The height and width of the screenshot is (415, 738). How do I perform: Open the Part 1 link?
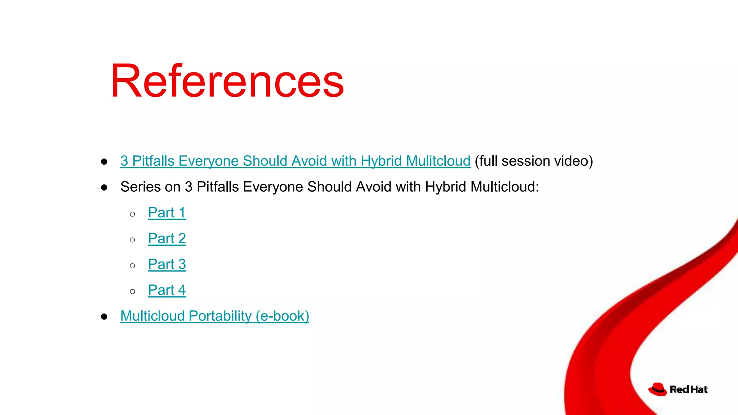tap(167, 213)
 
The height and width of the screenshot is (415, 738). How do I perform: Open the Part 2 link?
tap(167, 238)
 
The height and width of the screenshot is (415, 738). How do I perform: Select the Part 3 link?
tap(167, 264)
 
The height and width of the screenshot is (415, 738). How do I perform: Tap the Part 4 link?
tap(167, 290)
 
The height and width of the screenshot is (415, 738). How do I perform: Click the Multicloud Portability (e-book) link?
tap(215, 316)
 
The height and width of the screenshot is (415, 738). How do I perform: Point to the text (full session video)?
tap(534, 161)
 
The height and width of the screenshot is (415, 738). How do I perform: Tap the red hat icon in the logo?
tap(658, 389)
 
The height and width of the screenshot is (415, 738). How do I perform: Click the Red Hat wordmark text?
tap(689, 389)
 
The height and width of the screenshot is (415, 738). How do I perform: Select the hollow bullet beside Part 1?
tap(133, 214)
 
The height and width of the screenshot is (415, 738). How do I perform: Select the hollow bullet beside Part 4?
tap(133, 292)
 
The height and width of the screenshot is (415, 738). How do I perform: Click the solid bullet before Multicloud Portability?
tap(105, 317)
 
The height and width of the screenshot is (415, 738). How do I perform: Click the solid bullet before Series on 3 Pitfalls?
tap(105, 188)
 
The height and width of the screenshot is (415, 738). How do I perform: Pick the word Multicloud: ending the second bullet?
tap(504, 187)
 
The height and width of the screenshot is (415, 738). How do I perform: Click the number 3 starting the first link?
tap(124, 161)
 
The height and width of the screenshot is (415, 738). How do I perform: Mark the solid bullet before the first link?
tap(105, 162)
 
